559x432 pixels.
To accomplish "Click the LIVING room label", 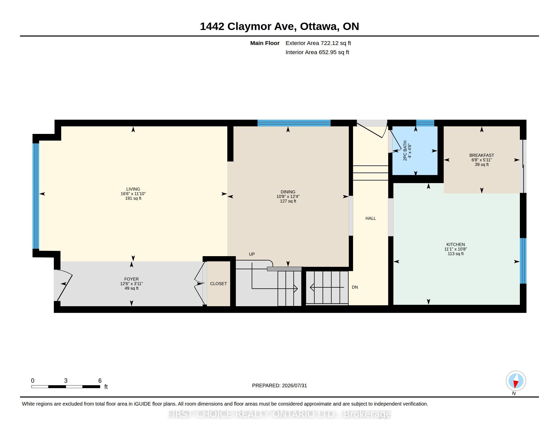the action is pyautogui.click(x=133, y=189).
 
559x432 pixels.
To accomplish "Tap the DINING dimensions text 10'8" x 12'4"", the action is pyautogui.click(x=288, y=196).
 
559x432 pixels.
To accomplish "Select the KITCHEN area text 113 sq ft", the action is pyautogui.click(x=456, y=254).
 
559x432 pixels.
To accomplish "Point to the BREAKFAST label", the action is pyautogui.click(x=482, y=155).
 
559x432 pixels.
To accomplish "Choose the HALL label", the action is pyautogui.click(x=371, y=218).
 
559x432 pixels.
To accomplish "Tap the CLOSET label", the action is pyautogui.click(x=218, y=284).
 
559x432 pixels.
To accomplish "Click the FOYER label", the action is pyautogui.click(x=131, y=279).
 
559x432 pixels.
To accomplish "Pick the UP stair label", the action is pyautogui.click(x=252, y=254).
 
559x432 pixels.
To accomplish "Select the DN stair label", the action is pyautogui.click(x=355, y=287).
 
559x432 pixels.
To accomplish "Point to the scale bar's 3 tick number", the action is pyautogui.click(x=66, y=381).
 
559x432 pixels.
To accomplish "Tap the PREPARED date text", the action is pyautogui.click(x=279, y=385).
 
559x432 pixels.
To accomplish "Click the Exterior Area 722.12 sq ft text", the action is pyautogui.click(x=318, y=43).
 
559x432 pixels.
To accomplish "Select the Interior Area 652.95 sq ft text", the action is pyautogui.click(x=317, y=52).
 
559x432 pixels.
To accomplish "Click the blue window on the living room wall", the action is pyautogui.click(x=36, y=196).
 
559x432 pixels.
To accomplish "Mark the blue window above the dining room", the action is pyautogui.click(x=294, y=123).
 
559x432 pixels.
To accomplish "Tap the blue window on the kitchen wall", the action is pyautogui.click(x=523, y=261).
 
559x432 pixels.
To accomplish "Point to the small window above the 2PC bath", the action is pyautogui.click(x=425, y=123).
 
